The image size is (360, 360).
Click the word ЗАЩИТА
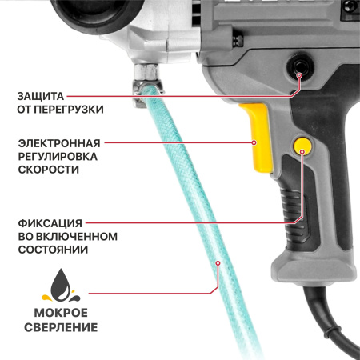point(41,95)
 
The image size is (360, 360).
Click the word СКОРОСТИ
point(48,170)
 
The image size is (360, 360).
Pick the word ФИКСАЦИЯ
point(47,222)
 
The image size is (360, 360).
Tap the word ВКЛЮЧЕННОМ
point(78,236)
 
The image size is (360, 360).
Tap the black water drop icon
point(61,282)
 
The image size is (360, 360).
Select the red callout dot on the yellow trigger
point(254,142)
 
